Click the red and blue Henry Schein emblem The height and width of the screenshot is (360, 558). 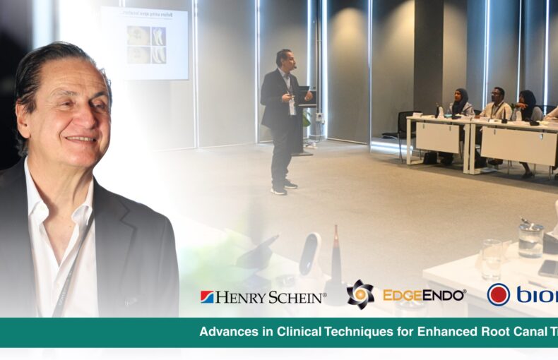(x=207, y=297)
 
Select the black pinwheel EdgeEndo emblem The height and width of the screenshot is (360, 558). (x=360, y=294)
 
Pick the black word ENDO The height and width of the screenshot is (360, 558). (x=444, y=295)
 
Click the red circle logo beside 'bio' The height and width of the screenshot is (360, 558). (x=499, y=294)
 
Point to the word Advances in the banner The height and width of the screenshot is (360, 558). (x=229, y=331)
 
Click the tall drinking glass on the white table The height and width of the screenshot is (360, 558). (x=492, y=258)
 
